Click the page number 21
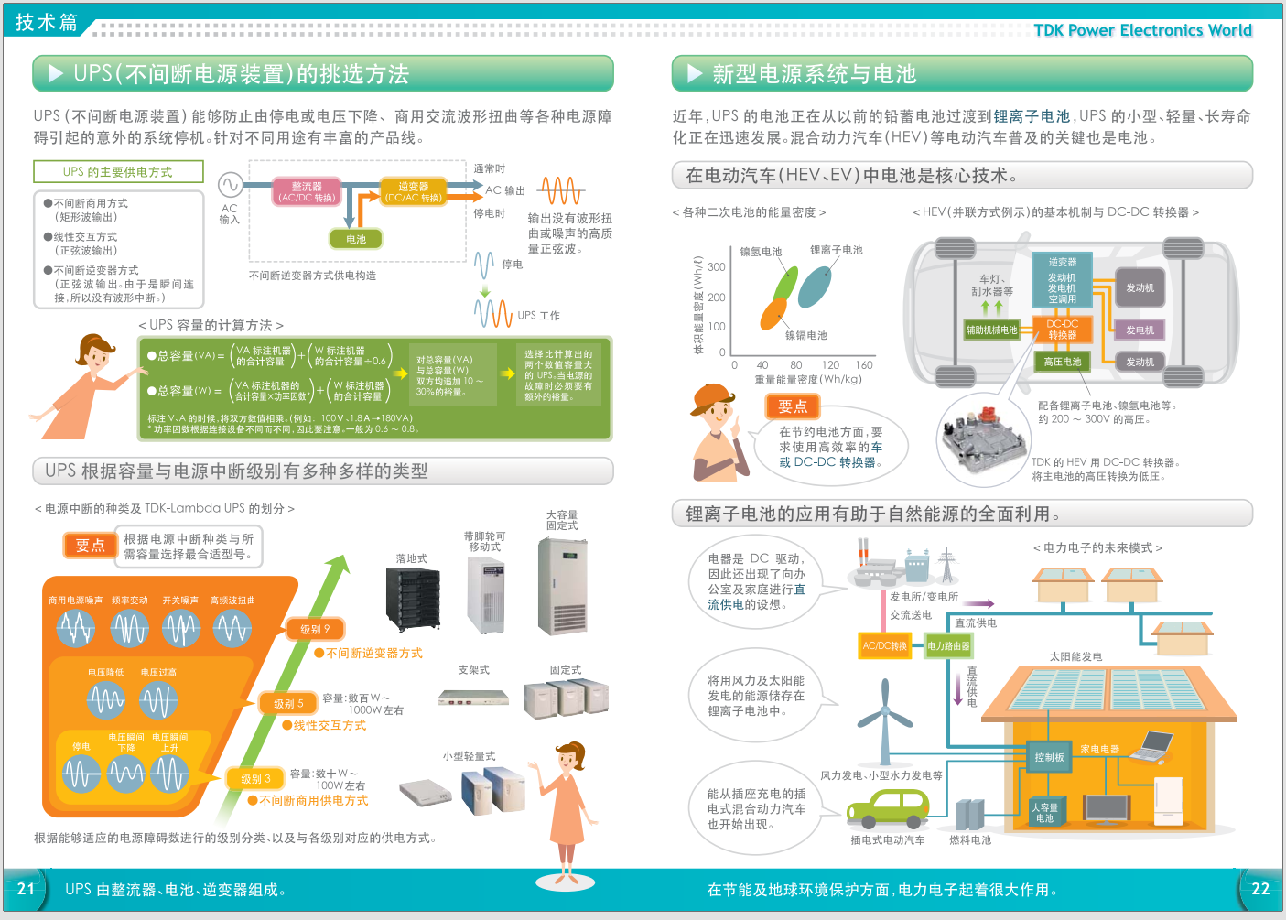pyautogui.click(x=26, y=888)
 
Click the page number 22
pyautogui.click(x=1260, y=888)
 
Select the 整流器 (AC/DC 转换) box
pyautogui.click(x=307, y=191)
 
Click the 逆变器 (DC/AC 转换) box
pyautogui.click(x=413, y=191)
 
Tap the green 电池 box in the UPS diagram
pyautogui.click(x=355, y=239)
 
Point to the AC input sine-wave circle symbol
pyautogui.click(x=230, y=185)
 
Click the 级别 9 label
pyautogui.click(x=314, y=629)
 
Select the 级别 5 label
pyautogui.click(x=288, y=703)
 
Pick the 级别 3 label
pyautogui.click(x=255, y=778)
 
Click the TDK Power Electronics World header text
pyautogui.click(x=1142, y=30)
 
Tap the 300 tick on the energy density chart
pyautogui.click(x=717, y=267)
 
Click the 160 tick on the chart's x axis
pyautogui.click(x=864, y=364)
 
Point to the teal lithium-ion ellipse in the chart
pyautogui.click(x=814, y=287)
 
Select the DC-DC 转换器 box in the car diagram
pyautogui.click(x=1062, y=329)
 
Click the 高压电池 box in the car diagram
pyautogui.click(x=1062, y=362)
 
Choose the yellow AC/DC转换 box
pyautogui.click(x=884, y=645)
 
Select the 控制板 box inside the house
pyautogui.click(x=1049, y=757)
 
